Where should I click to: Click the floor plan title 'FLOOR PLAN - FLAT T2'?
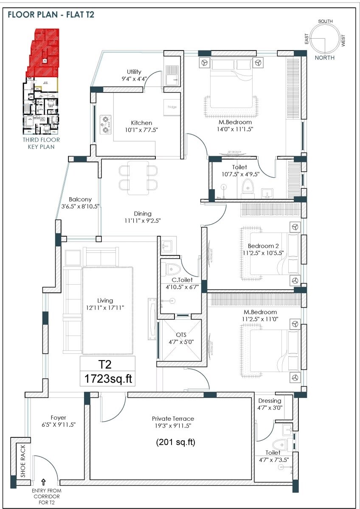pos(51,15)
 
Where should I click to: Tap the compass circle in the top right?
pos(325,39)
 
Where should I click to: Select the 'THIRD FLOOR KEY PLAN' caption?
pos(41,143)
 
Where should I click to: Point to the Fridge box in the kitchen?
pos(172,107)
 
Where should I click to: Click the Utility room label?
pos(134,72)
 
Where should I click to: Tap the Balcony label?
pos(80,199)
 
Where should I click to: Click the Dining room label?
pos(142,214)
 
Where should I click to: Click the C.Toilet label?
pos(182,280)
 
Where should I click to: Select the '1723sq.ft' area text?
pos(108,379)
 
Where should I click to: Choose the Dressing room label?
pos(270,401)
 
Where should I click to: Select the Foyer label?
pos(58,418)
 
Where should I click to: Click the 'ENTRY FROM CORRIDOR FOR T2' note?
pos(45,496)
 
